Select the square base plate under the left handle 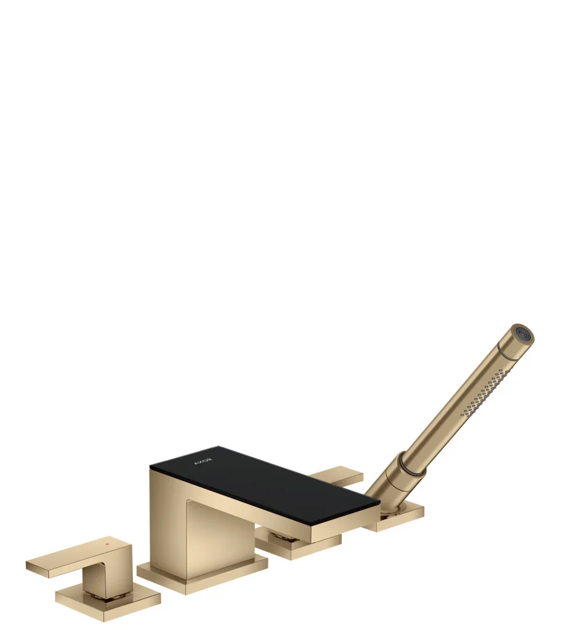tap(108, 601)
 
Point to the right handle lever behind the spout tap(336, 477)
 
